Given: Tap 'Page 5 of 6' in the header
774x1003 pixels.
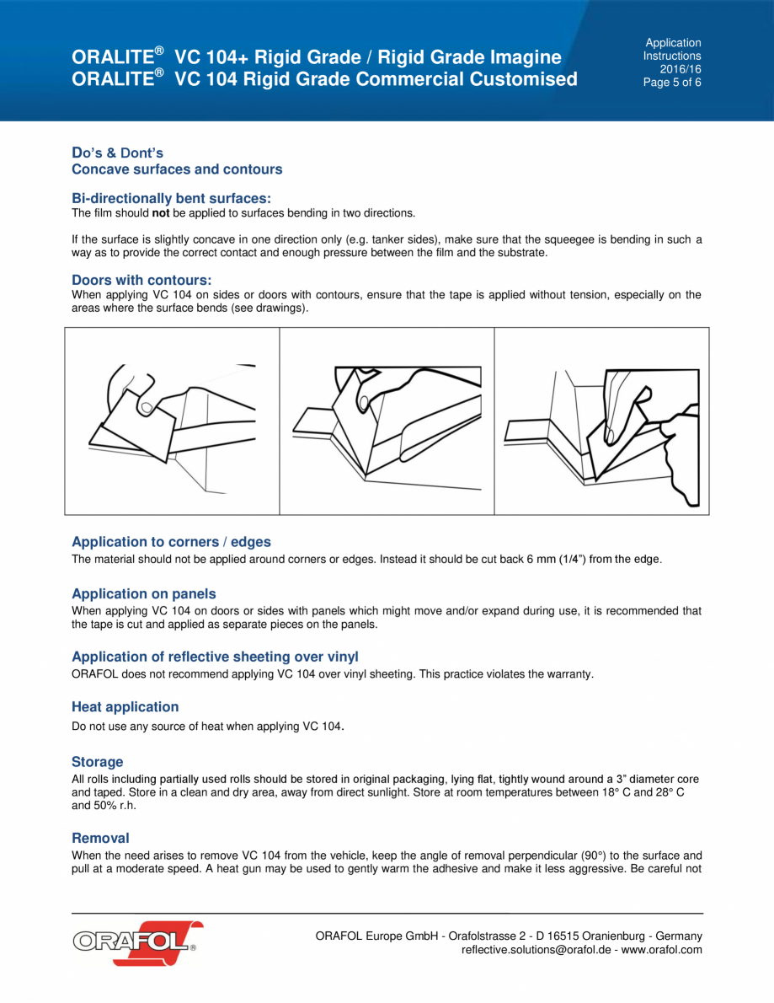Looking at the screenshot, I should (672, 83).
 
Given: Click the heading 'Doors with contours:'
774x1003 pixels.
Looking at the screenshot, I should (141, 280).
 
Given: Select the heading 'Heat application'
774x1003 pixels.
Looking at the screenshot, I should (125, 707).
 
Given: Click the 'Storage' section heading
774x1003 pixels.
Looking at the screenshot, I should (97, 762).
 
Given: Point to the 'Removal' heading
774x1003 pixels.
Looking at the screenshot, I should (100, 838).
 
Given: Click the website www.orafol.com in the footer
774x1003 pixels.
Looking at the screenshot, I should (661, 950).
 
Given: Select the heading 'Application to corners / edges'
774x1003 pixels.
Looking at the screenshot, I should (171, 542).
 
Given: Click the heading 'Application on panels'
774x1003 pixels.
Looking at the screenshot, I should (143, 594).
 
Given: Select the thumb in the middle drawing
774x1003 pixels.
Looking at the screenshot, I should (365, 400).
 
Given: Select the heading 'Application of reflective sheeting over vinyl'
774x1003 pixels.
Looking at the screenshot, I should (215, 657).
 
